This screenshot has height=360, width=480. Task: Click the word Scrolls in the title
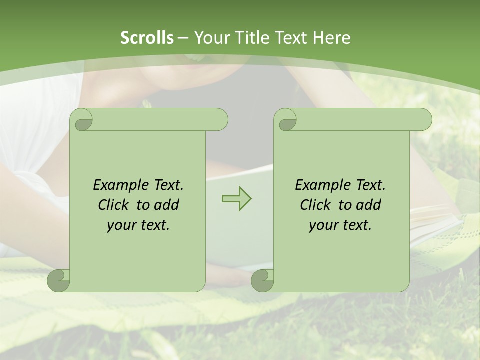pyautogui.click(x=147, y=38)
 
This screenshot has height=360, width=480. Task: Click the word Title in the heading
pyautogui.click(x=252, y=38)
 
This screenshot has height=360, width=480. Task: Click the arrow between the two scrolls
pyautogui.click(x=236, y=198)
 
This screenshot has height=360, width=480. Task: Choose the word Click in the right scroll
pyautogui.click(x=315, y=205)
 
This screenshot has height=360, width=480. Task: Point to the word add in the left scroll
pyautogui.click(x=167, y=205)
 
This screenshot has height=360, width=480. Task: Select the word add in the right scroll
pyautogui.click(x=369, y=205)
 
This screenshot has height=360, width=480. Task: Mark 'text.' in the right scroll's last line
pyautogui.click(x=355, y=225)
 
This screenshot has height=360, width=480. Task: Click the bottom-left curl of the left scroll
pyautogui.click(x=58, y=280)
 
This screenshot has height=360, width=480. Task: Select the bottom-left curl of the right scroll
pyautogui.click(x=262, y=280)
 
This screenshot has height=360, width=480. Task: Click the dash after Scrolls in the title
pyautogui.click(x=183, y=38)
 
